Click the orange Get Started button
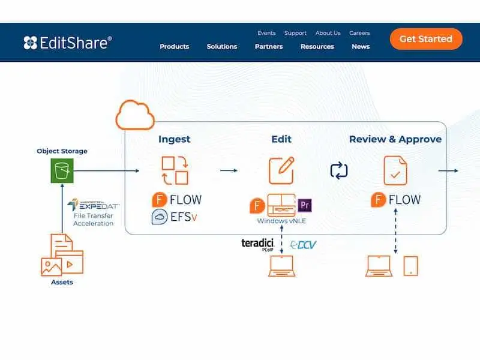[x=426, y=39]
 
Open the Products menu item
[x=174, y=47]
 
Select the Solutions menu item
[x=221, y=47]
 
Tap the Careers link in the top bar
[x=359, y=33]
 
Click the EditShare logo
[x=68, y=43]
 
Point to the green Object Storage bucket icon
[x=62, y=170]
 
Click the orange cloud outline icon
[x=135, y=115]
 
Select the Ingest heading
[x=174, y=139]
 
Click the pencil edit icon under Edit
[x=281, y=170]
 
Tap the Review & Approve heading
[x=395, y=139]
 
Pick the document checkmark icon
[x=395, y=170]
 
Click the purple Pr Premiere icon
[x=305, y=205]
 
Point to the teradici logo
[x=258, y=244]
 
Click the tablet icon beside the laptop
[x=410, y=266]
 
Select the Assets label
[x=62, y=282]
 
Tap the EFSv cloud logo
[x=160, y=217]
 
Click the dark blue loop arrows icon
[x=339, y=170]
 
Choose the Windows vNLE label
[x=281, y=221]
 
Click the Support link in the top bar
[x=295, y=33]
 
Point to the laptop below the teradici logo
[x=281, y=266]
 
